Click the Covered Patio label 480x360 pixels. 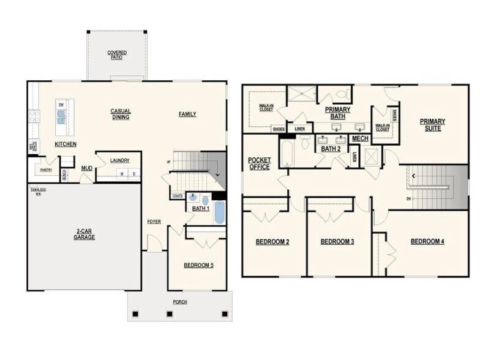click(117, 54)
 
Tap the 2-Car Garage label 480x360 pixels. click(84, 234)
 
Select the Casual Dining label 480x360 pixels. click(121, 114)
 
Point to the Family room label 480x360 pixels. click(187, 114)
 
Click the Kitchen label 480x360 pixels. click(66, 144)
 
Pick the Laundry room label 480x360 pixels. click(119, 160)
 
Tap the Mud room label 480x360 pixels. click(87, 168)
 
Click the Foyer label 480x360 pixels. click(154, 221)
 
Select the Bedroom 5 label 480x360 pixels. click(198, 265)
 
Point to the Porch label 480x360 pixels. click(179, 302)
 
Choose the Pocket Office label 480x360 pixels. click(259, 163)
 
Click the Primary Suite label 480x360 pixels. click(432, 125)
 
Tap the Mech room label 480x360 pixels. click(360, 138)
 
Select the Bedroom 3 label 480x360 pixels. click(337, 241)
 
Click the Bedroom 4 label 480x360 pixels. click(427, 241)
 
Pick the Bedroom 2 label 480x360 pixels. click(272, 241)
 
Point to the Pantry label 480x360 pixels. click(46, 170)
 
